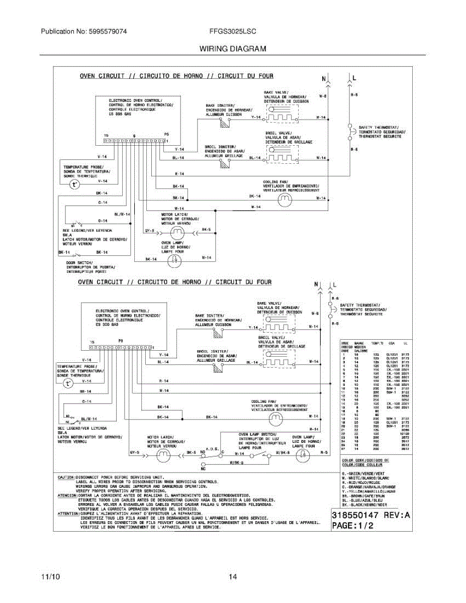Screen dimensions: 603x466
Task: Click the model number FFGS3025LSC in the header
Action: click(233, 31)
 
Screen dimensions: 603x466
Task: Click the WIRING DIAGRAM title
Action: click(233, 49)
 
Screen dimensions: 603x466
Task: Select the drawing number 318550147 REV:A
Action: click(370, 516)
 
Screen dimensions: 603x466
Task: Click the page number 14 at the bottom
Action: click(233, 577)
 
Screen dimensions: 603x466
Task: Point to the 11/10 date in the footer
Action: click(51, 577)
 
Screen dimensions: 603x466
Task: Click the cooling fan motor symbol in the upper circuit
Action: click(285, 199)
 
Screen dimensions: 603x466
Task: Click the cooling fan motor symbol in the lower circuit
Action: click(274, 417)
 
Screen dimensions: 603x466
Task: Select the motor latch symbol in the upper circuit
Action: click(176, 232)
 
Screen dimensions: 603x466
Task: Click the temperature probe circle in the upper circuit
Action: click(75, 184)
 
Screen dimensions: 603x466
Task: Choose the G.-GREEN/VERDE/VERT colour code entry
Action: click(364, 473)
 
